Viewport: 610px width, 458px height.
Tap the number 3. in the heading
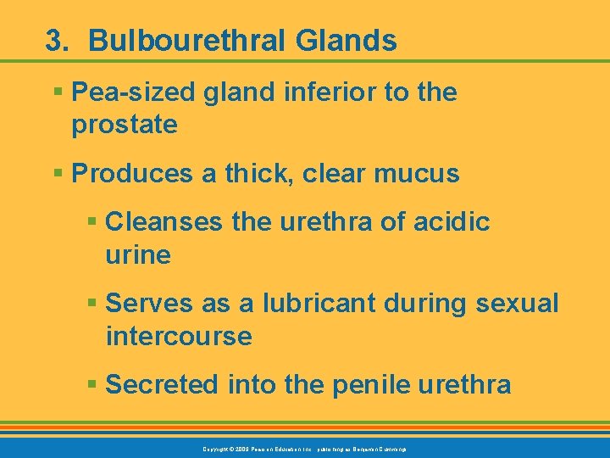(57, 41)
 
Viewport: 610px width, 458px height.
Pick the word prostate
(125, 125)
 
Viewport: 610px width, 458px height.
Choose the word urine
(138, 254)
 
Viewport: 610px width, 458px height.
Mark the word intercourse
(179, 336)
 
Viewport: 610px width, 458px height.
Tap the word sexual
(518, 303)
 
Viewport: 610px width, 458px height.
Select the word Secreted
(163, 384)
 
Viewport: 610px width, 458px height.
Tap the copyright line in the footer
(305, 448)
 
